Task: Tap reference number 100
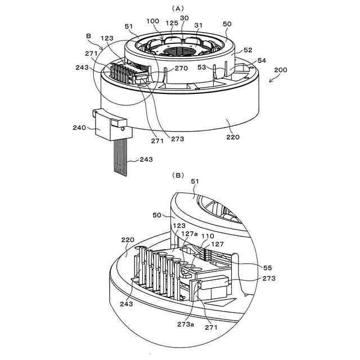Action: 152,21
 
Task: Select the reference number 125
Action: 172,23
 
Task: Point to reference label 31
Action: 199,26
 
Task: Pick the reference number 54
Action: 262,60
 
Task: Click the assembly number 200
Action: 280,70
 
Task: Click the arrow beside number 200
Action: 272,79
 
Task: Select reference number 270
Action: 181,69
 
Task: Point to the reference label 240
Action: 79,128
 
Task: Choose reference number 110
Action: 208,237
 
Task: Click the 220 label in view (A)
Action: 232,137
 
